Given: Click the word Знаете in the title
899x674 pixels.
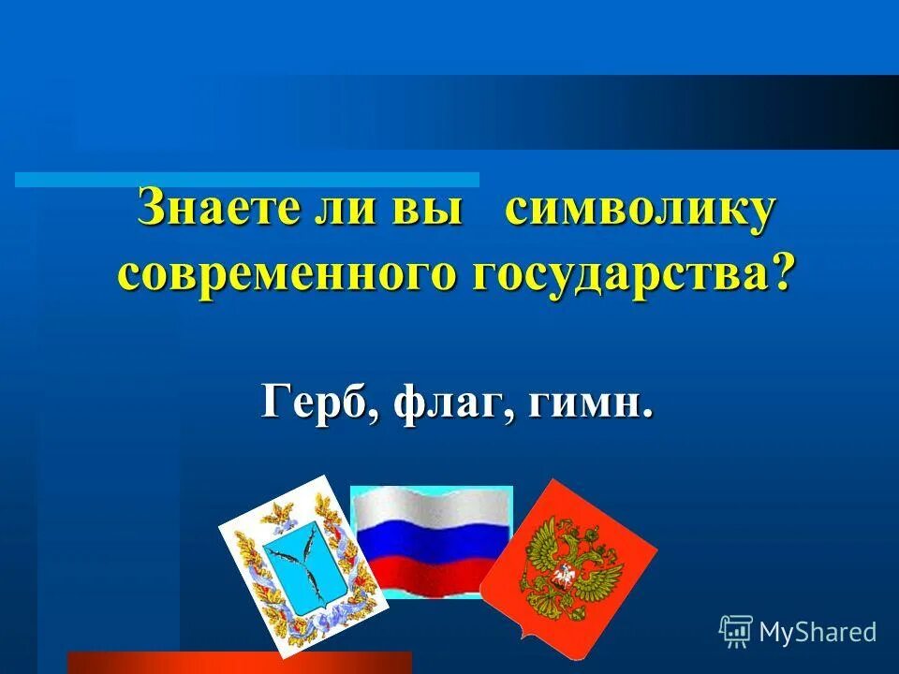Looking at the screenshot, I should tap(214, 207).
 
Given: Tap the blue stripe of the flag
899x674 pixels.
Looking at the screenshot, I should tap(432, 542).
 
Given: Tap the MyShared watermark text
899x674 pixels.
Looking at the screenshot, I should tap(818, 632).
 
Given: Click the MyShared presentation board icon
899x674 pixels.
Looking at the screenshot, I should tap(735, 631).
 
